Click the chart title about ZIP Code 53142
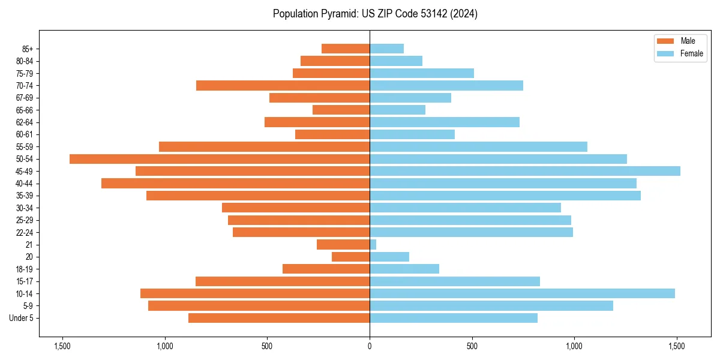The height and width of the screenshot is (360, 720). tap(375, 14)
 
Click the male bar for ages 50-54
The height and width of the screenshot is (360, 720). tap(220, 159)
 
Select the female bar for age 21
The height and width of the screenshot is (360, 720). tap(373, 245)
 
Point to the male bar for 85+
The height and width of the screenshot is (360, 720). tap(346, 49)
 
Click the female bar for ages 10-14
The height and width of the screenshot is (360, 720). tap(522, 293)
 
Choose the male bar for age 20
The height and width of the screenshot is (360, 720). tap(350, 257)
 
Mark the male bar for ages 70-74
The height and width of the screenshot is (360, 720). tap(283, 85)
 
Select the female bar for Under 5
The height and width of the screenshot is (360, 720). tap(454, 318)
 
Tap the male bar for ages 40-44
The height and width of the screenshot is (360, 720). tap(235, 184)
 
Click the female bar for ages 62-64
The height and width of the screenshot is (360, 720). tap(445, 122)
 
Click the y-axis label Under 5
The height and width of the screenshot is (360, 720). tap(22, 318)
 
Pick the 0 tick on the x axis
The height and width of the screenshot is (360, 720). tap(370, 346)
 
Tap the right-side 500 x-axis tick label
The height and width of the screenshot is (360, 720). tap(472, 346)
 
